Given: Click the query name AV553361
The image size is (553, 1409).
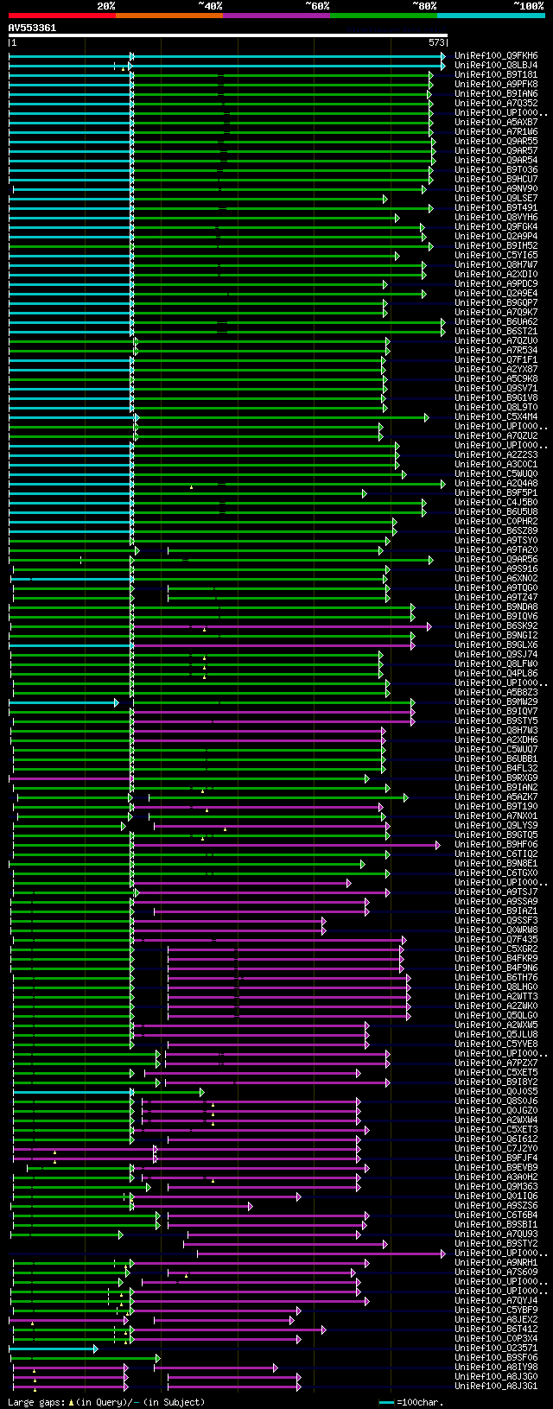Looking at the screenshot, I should pyautogui.click(x=32, y=28).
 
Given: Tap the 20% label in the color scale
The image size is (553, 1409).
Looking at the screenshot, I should pyautogui.click(x=105, y=6).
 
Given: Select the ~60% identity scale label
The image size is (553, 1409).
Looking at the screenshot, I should pyautogui.click(x=317, y=6).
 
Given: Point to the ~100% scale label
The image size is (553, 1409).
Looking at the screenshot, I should pyautogui.click(x=528, y=6).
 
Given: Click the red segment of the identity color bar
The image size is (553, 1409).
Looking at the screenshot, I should pyautogui.click(x=61, y=15).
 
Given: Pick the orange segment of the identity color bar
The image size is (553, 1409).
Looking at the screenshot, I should pyautogui.click(x=168, y=15).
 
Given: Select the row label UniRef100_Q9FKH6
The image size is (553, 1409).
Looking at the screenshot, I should pyautogui.click(x=496, y=55).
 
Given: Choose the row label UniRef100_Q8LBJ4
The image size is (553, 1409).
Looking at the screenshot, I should pyautogui.click(x=496, y=65).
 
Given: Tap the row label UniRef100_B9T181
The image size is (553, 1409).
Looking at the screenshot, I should pyautogui.click(x=496, y=74).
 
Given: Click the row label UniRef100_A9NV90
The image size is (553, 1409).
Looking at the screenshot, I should pyautogui.click(x=496, y=188).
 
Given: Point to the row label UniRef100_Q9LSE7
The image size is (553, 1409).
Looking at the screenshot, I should pyautogui.click(x=496, y=198).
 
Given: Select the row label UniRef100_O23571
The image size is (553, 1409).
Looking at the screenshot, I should pyautogui.click(x=496, y=1348).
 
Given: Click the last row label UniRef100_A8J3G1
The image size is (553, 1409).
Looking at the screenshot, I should pyautogui.click(x=496, y=1386).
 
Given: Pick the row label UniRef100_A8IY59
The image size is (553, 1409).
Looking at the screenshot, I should pyautogui.click(x=496, y=1367).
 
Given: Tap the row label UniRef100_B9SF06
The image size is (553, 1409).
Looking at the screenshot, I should pyautogui.click(x=496, y=1357).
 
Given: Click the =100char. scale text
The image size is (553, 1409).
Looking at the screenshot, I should pyautogui.click(x=420, y=1402).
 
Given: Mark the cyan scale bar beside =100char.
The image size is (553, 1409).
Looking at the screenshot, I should pyautogui.click(x=386, y=1402).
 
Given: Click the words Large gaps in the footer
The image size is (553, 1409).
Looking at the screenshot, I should pyautogui.click(x=35, y=1402).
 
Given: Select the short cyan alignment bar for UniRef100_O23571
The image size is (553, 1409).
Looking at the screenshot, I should pyautogui.click(x=52, y=1348).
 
